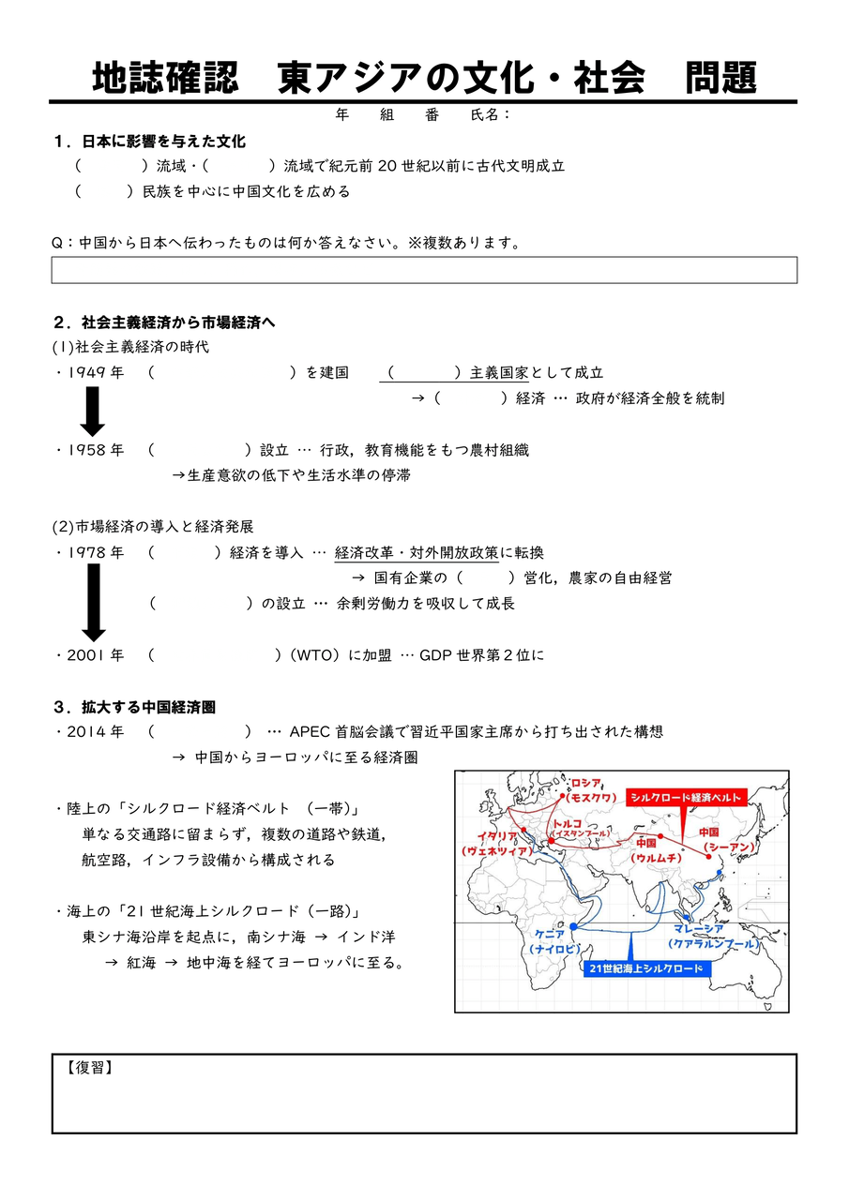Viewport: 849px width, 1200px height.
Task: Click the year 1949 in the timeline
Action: click(x=96, y=373)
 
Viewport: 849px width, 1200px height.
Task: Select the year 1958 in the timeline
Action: click(x=96, y=450)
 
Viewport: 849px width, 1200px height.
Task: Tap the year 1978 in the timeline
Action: click(x=96, y=553)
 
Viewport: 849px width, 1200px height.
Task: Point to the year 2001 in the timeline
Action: click(x=96, y=655)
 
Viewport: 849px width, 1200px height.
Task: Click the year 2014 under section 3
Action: click(x=96, y=731)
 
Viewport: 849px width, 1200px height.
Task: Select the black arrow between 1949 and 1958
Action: click(x=92, y=411)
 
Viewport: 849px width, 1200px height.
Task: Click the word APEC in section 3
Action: click(x=310, y=731)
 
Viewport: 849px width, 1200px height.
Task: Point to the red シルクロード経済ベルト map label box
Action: click(x=687, y=797)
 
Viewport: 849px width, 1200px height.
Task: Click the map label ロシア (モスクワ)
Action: click(x=593, y=790)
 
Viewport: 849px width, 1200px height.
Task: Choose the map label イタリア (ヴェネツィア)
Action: click(x=496, y=844)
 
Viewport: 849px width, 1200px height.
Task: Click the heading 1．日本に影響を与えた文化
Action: click(x=150, y=142)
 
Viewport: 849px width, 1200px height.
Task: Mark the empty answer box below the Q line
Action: click(x=424, y=270)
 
